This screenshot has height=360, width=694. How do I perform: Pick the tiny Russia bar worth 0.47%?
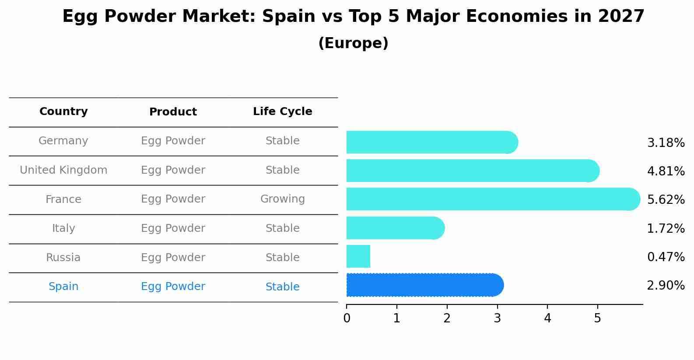click(x=358, y=256)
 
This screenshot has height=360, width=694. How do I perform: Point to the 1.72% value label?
click(x=666, y=228)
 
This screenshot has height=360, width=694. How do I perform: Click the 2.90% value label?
click(x=666, y=286)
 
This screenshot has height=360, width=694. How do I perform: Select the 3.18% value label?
click(x=666, y=143)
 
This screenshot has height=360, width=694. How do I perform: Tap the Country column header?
click(x=63, y=112)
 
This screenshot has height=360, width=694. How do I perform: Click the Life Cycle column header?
click(x=282, y=112)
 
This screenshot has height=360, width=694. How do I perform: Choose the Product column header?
click(x=173, y=112)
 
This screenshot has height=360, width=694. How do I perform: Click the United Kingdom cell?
click(x=63, y=170)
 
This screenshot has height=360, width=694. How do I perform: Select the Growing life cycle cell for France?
click(x=282, y=199)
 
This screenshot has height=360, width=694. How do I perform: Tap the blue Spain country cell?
click(x=63, y=287)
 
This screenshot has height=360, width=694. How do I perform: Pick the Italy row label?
click(x=63, y=228)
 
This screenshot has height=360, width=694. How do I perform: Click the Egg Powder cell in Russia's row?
click(x=173, y=258)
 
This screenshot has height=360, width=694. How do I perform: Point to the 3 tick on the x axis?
click(x=497, y=318)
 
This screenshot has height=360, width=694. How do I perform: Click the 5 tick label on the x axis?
click(x=597, y=318)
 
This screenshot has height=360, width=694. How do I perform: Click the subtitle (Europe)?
click(x=353, y=43)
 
